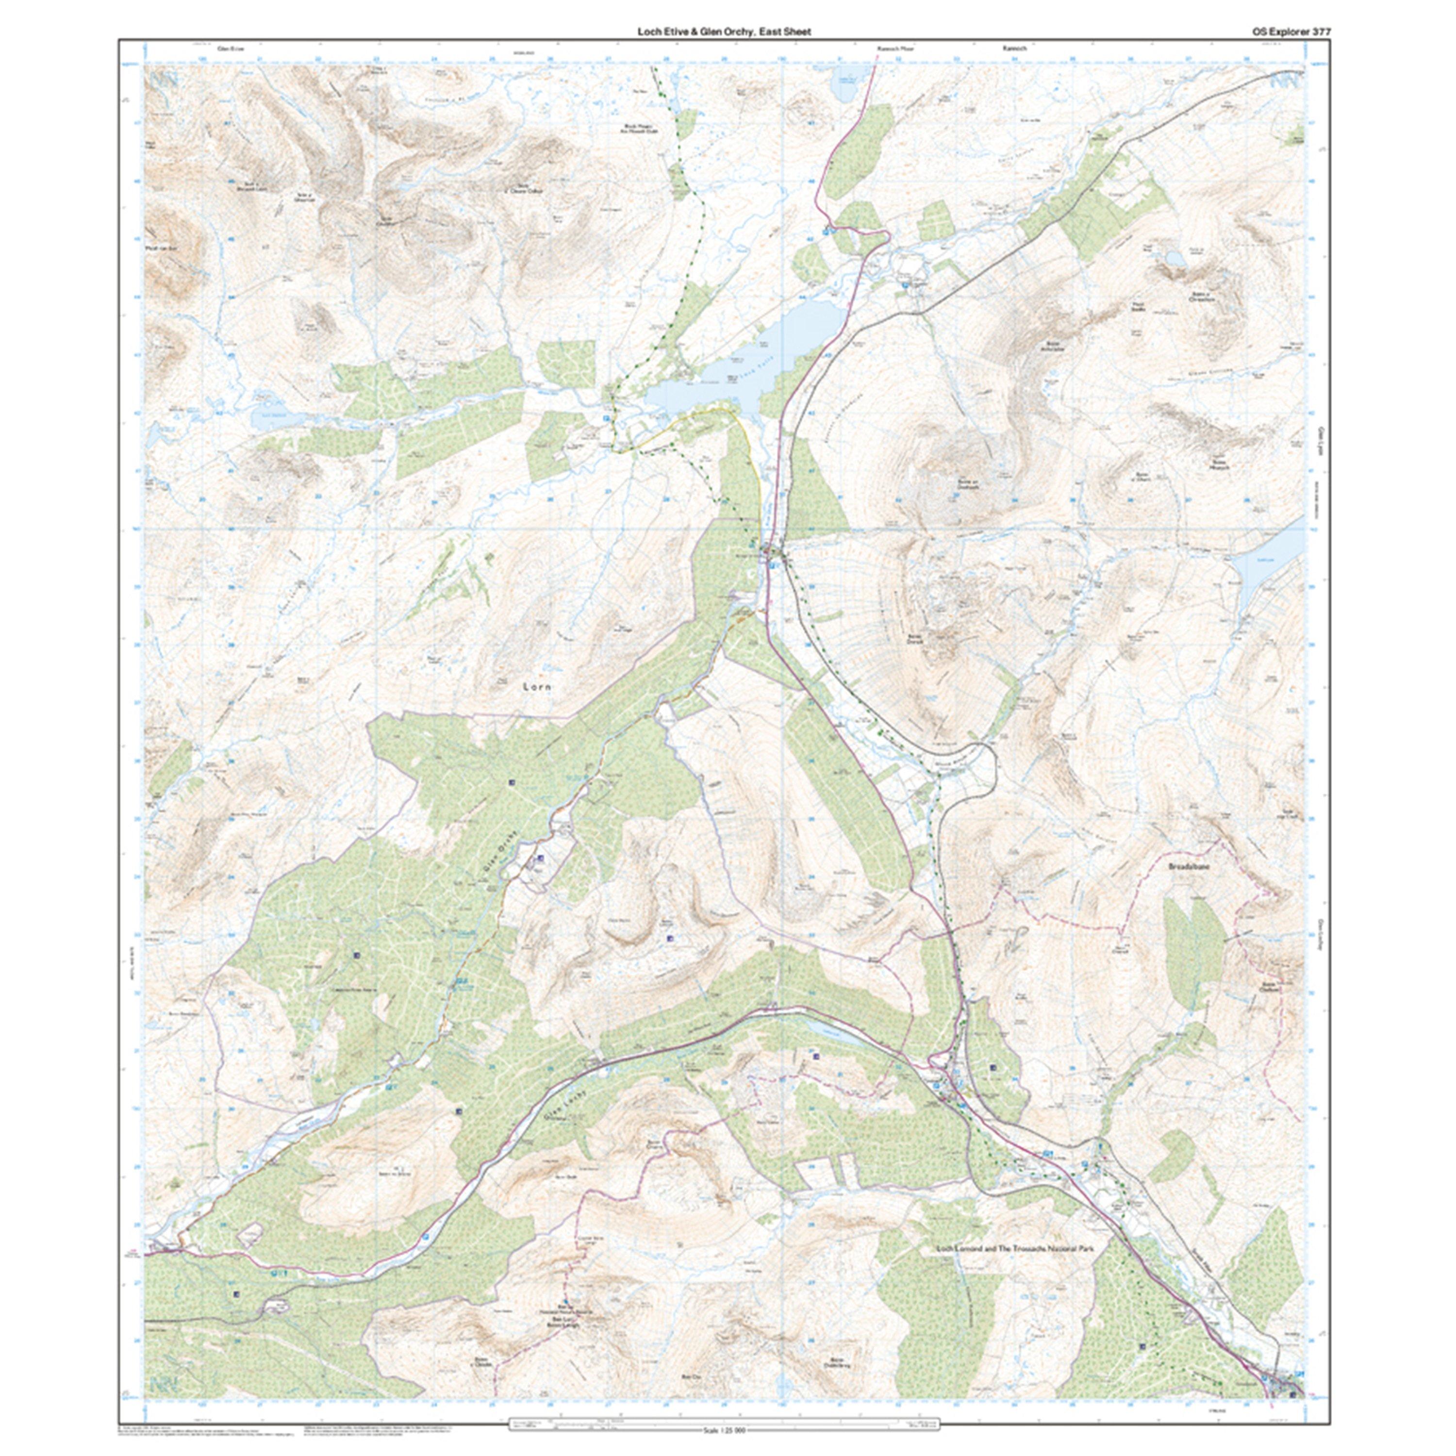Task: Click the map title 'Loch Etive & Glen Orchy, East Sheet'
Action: point(724,32)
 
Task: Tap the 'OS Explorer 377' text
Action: point(1280,32)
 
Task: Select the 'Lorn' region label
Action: point(537,687)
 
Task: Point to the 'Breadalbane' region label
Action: point(1189,867)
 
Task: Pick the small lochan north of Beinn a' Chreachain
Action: point(1174,259)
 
